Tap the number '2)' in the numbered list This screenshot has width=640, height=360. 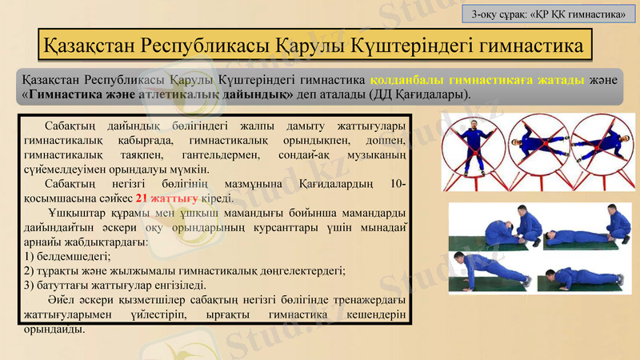pyautogui.click(x=30, y=270)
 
